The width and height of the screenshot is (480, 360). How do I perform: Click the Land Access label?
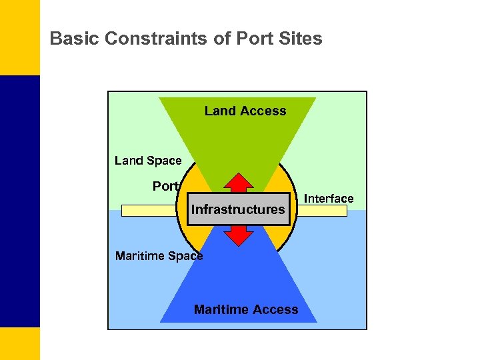pos(245,111)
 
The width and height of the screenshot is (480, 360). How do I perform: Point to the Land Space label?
pos(148,161)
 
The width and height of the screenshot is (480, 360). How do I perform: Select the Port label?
pos(165,187)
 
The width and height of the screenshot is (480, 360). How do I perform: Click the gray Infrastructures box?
pos(238,209)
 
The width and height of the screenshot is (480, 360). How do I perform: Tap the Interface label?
pos(329,199)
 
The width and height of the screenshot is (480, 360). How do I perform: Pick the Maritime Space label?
pos(159,256)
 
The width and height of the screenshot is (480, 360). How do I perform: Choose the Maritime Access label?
pos(246,309)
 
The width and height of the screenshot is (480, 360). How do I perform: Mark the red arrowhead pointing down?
pos(239,237)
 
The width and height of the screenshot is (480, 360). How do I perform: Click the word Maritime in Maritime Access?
pos(221,309)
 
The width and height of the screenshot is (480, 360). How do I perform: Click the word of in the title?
pos(223,39)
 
